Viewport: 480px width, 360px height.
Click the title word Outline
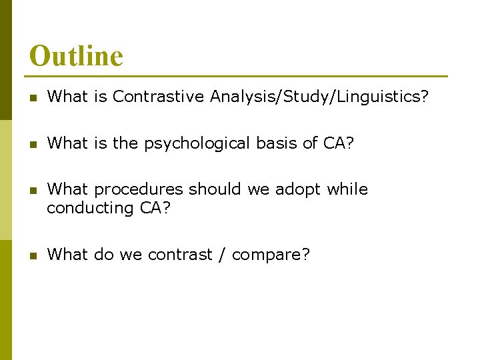[x=76, y=56]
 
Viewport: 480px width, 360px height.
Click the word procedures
[x=139, y=190]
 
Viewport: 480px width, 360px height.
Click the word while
[x=347, y=189]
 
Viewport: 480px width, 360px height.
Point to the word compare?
[x=271, y=255]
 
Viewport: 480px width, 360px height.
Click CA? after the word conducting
[x=155, y=208]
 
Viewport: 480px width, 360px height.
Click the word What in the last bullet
[x=67, y=255]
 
